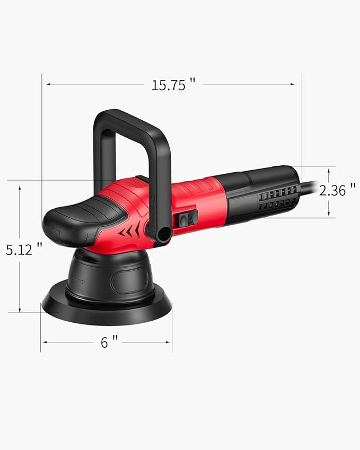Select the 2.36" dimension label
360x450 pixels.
337,190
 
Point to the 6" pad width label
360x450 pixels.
109,342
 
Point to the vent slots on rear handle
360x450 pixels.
276,199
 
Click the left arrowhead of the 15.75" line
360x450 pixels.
47,84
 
